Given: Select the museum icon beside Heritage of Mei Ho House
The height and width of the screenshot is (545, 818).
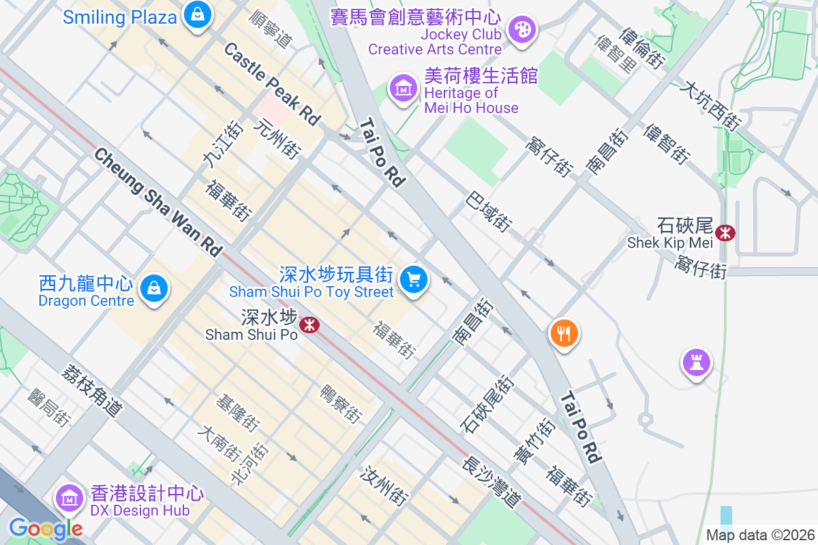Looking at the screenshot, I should tap(404, 88).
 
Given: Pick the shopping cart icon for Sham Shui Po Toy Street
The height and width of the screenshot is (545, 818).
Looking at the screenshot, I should tap(413, 279).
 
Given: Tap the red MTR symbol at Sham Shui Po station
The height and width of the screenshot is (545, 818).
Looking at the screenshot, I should tap(309, 324).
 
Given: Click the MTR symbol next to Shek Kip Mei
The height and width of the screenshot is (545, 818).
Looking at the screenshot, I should tap(725, 233).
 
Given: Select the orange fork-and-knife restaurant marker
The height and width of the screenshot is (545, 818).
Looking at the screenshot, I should tap(564, 333).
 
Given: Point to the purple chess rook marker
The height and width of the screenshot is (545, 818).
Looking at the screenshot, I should tap(696, 362).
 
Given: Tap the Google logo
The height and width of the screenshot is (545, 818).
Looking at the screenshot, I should tap(46, 529).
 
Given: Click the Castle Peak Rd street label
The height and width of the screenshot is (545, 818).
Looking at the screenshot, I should tap(272, 83).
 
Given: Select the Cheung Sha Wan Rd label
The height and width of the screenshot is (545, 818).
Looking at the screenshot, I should tap(158, 202).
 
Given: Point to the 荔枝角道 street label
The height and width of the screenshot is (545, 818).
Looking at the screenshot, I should tap(93, 390).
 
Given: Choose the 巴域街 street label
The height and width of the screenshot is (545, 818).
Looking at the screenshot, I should tap(489, 211).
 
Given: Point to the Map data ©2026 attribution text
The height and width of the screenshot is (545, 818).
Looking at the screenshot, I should tap(759, 535).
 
